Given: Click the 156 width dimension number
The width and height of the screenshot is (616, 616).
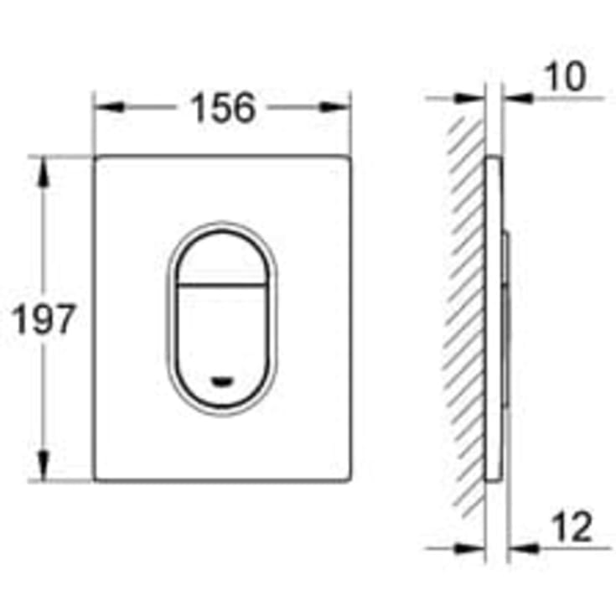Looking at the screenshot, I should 222,107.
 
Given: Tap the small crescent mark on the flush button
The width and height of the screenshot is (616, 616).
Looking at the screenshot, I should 222,379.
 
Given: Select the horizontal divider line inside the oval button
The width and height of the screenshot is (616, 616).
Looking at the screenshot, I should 222,283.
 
